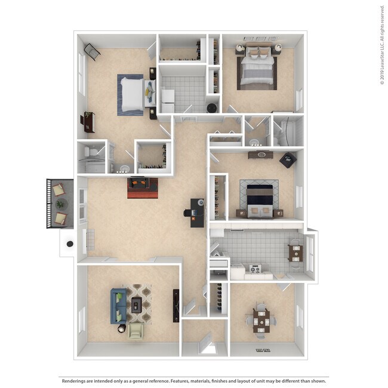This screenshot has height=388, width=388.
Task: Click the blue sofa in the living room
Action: coord(118,305)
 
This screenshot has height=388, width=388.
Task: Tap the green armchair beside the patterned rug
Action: coord(137,330)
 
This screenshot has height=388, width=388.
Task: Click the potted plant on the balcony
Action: coord(60,205)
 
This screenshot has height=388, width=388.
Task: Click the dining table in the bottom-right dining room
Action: coord(261,319)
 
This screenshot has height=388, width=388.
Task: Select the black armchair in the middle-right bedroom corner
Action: coord(287,160)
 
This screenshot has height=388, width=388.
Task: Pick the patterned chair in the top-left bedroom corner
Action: coord(92,51)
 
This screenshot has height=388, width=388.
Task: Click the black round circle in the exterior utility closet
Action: coord(70,244)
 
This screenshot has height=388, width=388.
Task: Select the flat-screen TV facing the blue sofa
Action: coord(176,305)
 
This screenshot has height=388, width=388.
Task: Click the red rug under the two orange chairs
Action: coord(142,187)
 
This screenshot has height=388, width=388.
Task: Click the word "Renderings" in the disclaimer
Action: coord(74,380)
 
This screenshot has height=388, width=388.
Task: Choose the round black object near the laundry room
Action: coord(211,108)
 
